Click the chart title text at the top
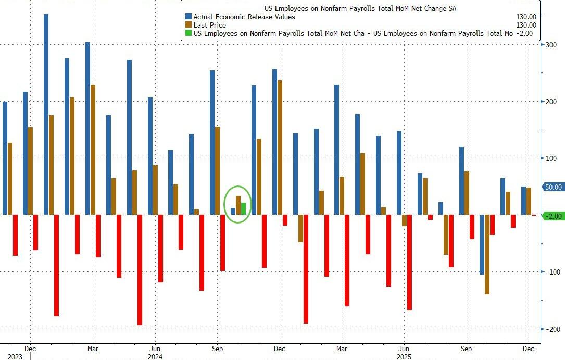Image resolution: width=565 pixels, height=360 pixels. (360, 8)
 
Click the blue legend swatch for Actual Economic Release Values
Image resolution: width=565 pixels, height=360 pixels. (188, 17)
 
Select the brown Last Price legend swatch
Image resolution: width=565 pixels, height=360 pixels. (188, 25)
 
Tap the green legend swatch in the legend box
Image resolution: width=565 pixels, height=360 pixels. (188, 33)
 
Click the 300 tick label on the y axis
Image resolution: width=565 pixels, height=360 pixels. (550, 45)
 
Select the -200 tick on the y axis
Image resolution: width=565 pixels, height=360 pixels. (552, 329)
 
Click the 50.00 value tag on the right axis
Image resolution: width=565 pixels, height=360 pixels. (553, 187)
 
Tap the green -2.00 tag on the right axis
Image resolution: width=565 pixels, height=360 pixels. (553, 216)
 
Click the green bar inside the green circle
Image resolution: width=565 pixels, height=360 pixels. (243, 208)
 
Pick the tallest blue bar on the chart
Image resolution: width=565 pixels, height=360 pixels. (46, 114)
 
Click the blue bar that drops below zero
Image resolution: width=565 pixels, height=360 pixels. (482, 244)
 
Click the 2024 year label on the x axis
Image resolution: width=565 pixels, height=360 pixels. (155, 357)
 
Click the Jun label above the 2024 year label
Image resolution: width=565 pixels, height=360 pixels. (154, 349)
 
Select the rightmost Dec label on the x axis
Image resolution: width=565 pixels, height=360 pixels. (528, 349)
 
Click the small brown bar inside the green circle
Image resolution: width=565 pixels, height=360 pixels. (238, 205)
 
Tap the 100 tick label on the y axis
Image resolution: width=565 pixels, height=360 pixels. (550, 158)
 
